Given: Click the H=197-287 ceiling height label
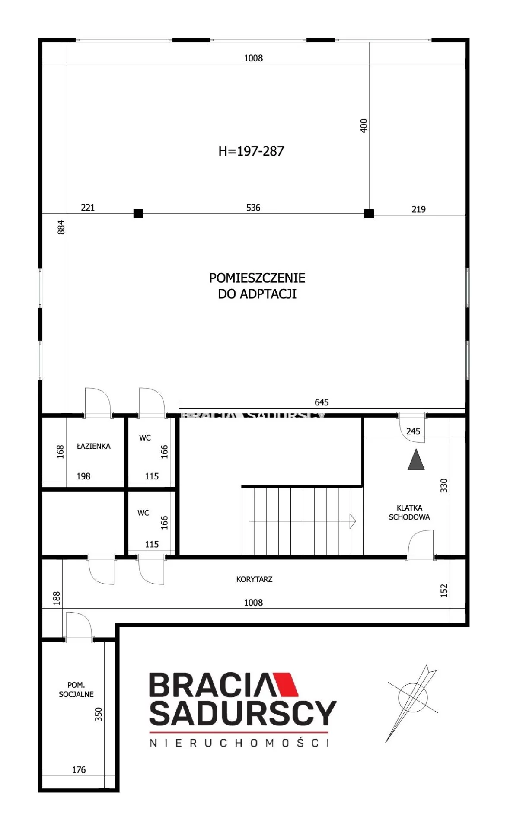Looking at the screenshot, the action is [251, 151].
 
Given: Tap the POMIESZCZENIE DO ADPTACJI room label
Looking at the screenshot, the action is [257, 285].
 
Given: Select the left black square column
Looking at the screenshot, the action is [138, 214].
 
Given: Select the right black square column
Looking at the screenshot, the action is [369, 214].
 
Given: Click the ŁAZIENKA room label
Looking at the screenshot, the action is [93, 446].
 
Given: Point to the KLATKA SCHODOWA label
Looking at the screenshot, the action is [409, 512].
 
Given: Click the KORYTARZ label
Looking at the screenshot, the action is [254, 579].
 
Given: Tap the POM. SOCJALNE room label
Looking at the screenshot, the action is [76, 690].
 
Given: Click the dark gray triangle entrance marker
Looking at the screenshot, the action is [416, 460].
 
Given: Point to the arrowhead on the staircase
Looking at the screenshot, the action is [353, 521].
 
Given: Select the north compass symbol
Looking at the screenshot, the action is [412, 703].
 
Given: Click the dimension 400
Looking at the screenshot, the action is [364, 126].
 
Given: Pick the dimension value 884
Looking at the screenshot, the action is [61, 227].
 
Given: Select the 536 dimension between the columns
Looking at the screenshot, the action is [253, 207].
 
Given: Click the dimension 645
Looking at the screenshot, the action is [322, 402].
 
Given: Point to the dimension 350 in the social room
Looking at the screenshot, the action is [99, 714].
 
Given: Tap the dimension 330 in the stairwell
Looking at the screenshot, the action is [444, 485].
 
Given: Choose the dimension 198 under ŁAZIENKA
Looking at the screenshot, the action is [83, 476].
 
